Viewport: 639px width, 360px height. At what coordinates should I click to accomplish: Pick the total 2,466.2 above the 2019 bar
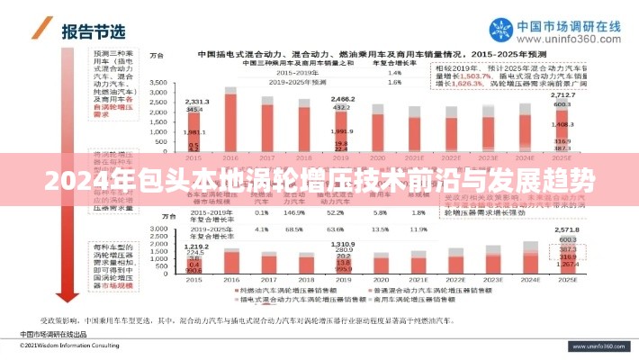click(x=342, y=98)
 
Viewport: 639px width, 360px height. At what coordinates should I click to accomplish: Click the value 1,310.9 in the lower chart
click(x=342, y=244)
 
